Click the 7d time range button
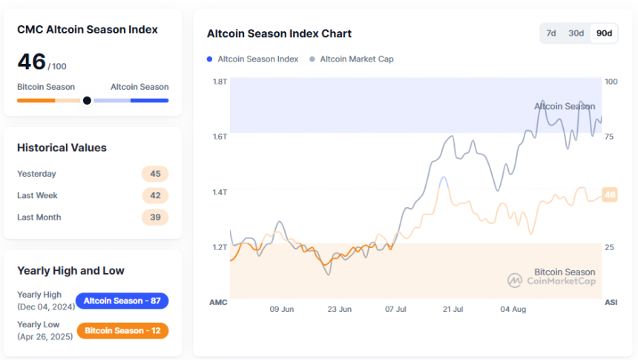click(551, 33)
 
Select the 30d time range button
click(576, 33)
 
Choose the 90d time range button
click(604, 33)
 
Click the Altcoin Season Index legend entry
click(257, 59)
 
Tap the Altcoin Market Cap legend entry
click(356, 59)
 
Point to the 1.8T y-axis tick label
click(219, 82)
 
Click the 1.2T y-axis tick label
click(219, 247)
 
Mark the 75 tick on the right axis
click(610, 137)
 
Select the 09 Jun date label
click(282, 310)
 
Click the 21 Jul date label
click(453, 310)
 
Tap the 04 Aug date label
click(513, 310)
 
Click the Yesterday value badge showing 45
click(155, 174)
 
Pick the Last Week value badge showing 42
click(155, 195)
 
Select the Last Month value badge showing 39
click(155, 217)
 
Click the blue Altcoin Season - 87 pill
click(122, 301)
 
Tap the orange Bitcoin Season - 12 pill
click(122, 330)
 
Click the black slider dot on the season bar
click(87, 100)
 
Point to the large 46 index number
click(31, 62)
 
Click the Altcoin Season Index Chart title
click(279, 33)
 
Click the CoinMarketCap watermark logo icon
click(515, 280)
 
